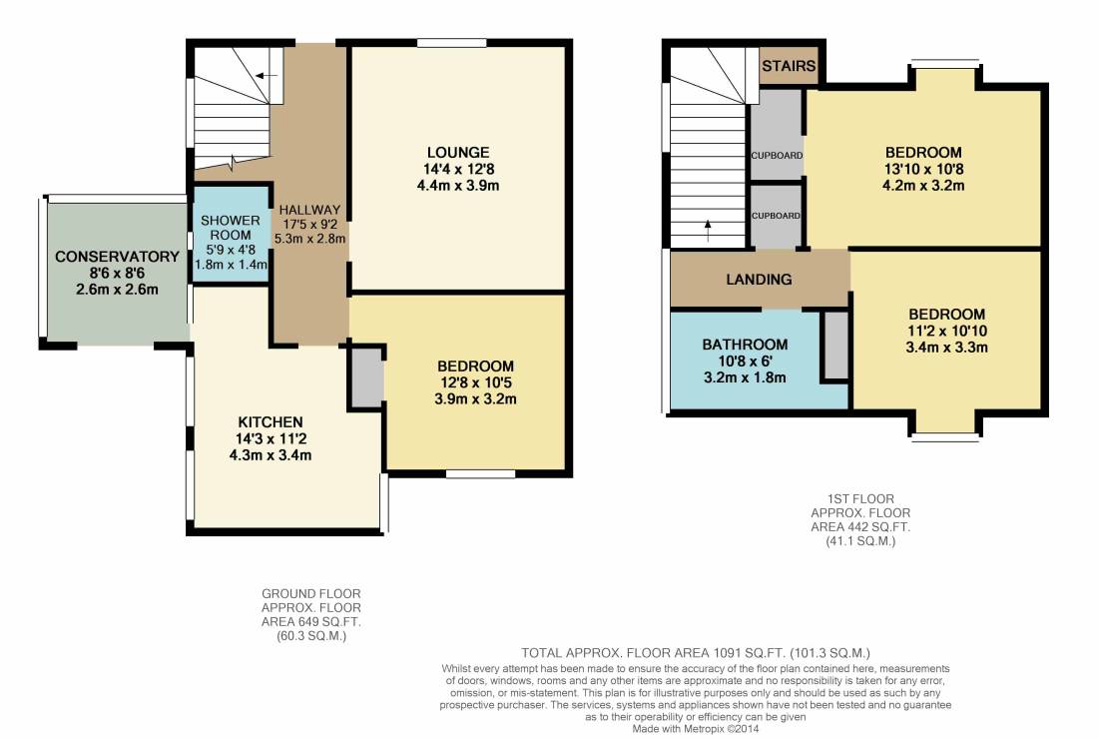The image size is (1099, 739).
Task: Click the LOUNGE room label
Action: (458, 152)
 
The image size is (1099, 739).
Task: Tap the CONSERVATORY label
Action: (117, 257)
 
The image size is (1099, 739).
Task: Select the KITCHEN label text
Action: (271, 422)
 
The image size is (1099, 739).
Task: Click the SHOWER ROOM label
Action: (230, 227)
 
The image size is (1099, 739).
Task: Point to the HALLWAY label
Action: (309, 210)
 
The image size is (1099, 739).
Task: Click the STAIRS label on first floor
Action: (789, 66)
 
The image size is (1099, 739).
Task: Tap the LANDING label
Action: (759, 279)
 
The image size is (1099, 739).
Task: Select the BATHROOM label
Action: (745, 345)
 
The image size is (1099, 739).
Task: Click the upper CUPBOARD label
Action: (777, 156)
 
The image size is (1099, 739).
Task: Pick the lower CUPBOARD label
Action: (776, 216)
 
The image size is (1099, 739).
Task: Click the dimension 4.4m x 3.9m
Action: (458, 186)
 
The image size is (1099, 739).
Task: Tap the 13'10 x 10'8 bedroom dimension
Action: (923, 169)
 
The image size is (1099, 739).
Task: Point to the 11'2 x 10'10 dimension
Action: (947, 331)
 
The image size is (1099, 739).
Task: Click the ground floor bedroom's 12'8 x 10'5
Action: (475, 382)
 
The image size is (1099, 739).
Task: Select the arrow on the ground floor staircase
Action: (266, 75)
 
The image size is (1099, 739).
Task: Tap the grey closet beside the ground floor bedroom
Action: (366, 377)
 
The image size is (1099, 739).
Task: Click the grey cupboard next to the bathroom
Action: (834, 346)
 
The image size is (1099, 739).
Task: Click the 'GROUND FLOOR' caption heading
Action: (311, 594)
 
